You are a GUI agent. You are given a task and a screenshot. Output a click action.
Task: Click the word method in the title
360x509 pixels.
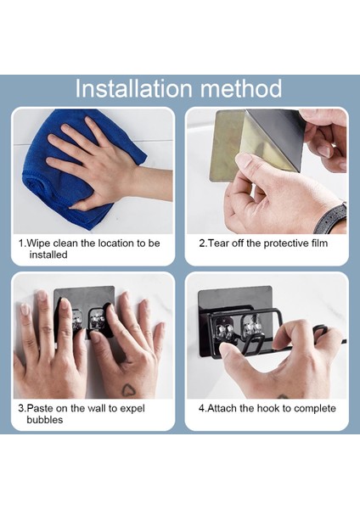241,88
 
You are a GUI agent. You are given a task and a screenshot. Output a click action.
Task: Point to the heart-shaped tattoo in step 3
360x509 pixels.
129,389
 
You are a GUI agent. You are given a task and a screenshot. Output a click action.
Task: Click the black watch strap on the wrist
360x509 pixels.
331,218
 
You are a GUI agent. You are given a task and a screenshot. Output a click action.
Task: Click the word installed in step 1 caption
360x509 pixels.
48,255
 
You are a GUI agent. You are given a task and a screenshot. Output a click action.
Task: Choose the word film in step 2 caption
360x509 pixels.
318,243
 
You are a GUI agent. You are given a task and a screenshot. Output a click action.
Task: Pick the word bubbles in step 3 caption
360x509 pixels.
44,420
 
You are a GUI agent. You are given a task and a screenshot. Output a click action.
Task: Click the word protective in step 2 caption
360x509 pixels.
284,243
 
